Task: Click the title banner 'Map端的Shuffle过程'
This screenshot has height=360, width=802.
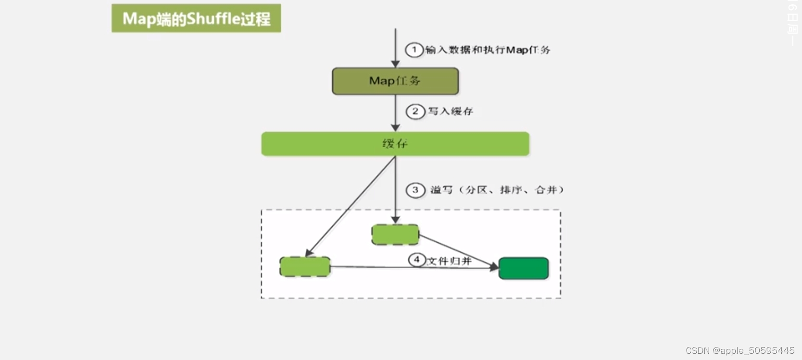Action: click(x=196, y=18)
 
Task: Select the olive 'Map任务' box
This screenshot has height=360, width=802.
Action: click(x=395, y=81)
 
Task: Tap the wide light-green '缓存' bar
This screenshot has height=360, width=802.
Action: click(x=395, y=144)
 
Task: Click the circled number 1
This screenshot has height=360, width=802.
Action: click(x=414, y=50)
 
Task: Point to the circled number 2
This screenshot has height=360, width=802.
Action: click(x=415, y=112)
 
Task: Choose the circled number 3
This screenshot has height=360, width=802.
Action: click(x=415, y=190)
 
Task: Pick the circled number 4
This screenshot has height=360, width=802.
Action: click(x=417, y=260)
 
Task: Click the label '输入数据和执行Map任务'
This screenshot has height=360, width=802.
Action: click(x=488, y=50)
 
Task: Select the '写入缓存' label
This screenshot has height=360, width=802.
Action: click(x=451, y=112)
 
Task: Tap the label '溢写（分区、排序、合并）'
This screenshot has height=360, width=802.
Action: click(x=497, y=190)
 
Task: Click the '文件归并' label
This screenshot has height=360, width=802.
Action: click(x=449, y=261)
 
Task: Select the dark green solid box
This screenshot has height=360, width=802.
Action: click(x=524, y=268)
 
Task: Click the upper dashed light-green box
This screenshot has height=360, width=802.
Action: click(x=395, y=235)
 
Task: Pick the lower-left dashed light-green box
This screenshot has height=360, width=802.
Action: click(x=305, y=266)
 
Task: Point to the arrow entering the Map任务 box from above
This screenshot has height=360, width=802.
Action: click(x=395, y=48)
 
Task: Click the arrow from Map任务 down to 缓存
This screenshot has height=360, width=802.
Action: click(x=395, y=112)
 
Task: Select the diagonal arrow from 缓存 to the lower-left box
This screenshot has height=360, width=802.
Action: click(x=351, y=205)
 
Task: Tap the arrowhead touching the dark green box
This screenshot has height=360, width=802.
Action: click(x=494, y=267)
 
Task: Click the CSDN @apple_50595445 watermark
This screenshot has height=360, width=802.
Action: click(x=739, y=350)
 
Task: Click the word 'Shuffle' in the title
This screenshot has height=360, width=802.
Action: click(x=213, y=18)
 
